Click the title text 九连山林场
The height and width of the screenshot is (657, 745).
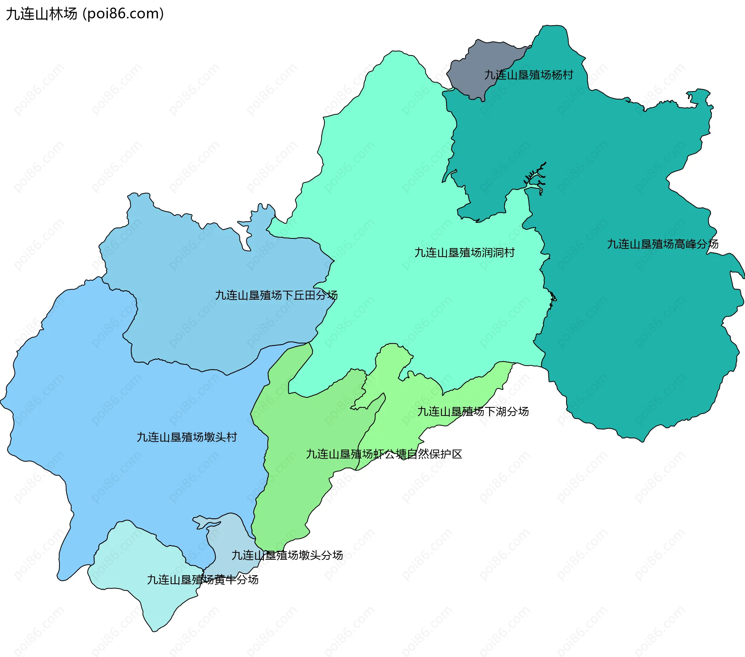[x=42, y=14]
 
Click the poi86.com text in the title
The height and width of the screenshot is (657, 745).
[x=123, y=14]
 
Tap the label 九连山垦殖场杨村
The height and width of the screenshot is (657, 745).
[x=528, y=75]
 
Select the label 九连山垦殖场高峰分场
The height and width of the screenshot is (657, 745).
[x=662, y=244]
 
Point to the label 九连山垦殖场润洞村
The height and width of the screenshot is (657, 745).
[x=464, y=253]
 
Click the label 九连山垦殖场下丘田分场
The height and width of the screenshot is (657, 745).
[x=276, y=295]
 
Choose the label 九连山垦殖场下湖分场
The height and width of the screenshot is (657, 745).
[x=473, y=412]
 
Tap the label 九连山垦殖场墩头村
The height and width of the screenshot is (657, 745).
[x=187, y=437]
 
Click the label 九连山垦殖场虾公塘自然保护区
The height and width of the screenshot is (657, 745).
[x=384, y=454]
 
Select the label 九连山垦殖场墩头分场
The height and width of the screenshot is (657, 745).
[x=287, y=555]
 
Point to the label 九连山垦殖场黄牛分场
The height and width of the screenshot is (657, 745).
[x=203, y=580]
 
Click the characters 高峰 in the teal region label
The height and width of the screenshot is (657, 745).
[x=685, y=244]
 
